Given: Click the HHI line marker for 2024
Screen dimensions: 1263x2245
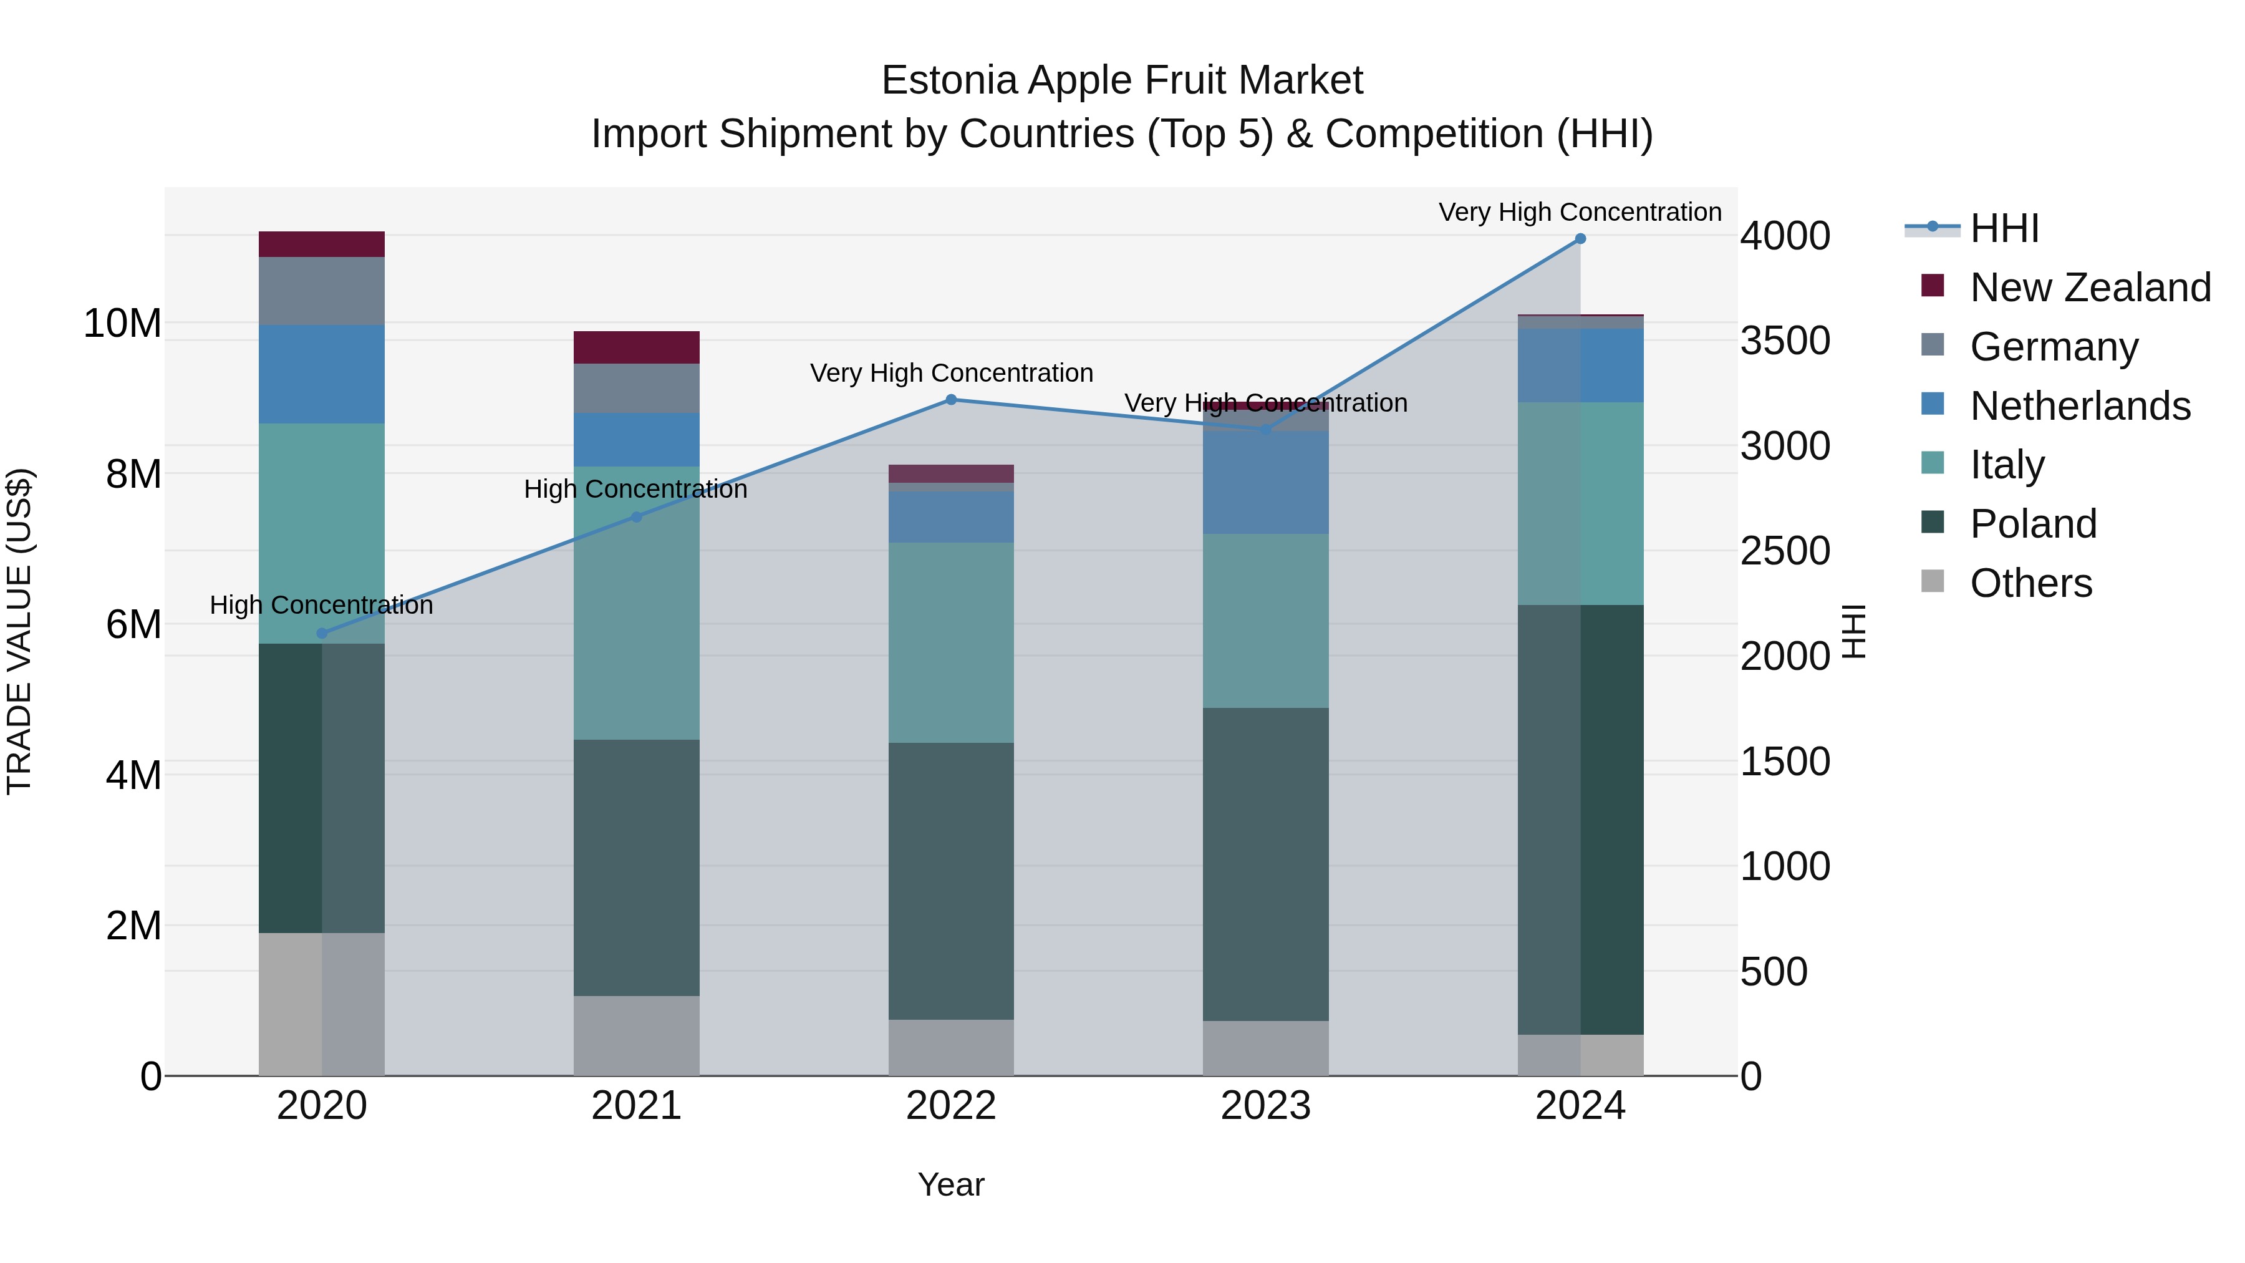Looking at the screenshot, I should point(1580,239).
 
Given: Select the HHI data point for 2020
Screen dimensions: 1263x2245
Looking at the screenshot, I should point(322,634).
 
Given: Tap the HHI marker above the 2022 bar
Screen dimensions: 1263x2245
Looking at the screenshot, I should point(951,400).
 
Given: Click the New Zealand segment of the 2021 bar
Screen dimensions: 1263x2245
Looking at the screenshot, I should point(636,347).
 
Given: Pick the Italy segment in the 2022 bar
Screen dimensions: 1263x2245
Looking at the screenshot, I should point(951,642).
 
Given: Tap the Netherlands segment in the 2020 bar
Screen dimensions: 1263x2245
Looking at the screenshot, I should point(322,374).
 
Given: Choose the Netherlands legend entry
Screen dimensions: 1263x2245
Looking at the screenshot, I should point(2079,406).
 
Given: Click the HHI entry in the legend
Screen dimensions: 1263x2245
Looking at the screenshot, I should point(2004,228).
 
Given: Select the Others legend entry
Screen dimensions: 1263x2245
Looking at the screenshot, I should point(2030,583).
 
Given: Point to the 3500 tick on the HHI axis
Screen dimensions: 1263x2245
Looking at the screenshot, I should point(1785,341).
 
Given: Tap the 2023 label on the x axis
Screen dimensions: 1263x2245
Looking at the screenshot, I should point(1265,1106).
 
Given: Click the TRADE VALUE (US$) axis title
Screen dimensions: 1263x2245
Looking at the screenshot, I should point(19,631).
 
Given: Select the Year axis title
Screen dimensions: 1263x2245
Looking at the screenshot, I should point(951,1184).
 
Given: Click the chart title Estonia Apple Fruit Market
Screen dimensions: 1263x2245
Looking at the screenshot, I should point(1122,80).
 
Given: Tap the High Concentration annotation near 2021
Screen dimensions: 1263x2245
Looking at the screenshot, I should point(635,490).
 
